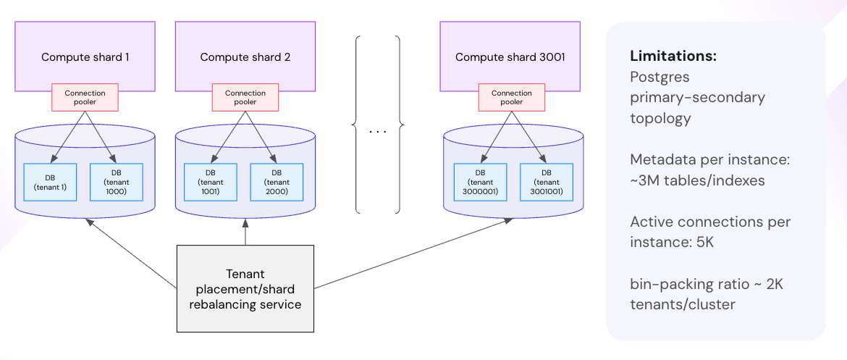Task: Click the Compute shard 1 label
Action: pyautogui.click(x=85, y=57)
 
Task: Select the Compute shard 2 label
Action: pyautogui.click(x=245, y=57)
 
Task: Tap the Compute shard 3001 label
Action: pyautogui.click(x=510, y=57)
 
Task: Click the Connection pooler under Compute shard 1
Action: pyautogui.click(x=85, y=98)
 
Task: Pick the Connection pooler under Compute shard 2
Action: pyautogui.click(x=245, y=98)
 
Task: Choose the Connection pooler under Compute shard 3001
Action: pyautogui.click(x=512, y=98)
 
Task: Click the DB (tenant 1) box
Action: pyautogui.click(x=50, y=182)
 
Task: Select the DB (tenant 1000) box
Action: pyautogui.click(x=116, y=182)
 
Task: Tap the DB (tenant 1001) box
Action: pyautogui.click(x=210, y=182)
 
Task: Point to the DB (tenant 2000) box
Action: pyautogui.click(x=277, y=182)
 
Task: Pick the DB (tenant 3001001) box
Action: pyautogui.click(x=547, y=182)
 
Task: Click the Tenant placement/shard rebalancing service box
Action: pyautogui.click(x=245, y=289)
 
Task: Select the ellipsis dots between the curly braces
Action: pyautogui.click(x=377, y=132)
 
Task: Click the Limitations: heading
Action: pyautogui.click(x=673, y=56)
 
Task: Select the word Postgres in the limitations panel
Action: pyautogui.click(x=658, y=77)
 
